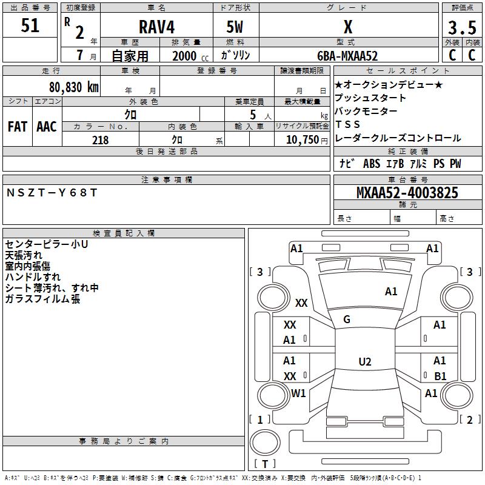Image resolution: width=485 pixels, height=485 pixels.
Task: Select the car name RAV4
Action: coord(155,27)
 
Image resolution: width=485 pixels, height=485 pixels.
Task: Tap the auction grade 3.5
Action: coord(462,28)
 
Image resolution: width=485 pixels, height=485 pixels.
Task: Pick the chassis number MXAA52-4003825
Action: coord(407,193)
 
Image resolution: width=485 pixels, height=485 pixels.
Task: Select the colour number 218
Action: coord(100,140)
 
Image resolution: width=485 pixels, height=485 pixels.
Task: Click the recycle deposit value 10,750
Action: coord(301,140)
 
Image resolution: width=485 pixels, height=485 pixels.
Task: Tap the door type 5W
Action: coord(236,27)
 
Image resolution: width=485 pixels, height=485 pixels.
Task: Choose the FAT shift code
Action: coord(17,127)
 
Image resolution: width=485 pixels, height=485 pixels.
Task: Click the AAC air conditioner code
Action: coord(46,127)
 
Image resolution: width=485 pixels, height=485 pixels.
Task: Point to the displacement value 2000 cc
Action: coord(189,56)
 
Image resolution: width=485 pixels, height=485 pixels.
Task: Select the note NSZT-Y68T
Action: coord(52,192)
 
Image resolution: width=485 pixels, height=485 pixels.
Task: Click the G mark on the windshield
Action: coord(347,319)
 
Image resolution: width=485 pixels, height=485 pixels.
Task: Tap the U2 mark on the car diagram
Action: coord(364,362)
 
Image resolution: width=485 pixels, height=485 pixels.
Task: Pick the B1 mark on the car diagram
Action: coord(440,376)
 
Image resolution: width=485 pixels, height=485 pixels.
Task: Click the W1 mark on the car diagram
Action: coord(298,393)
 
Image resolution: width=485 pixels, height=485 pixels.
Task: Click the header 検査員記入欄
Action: coord(124,233)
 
